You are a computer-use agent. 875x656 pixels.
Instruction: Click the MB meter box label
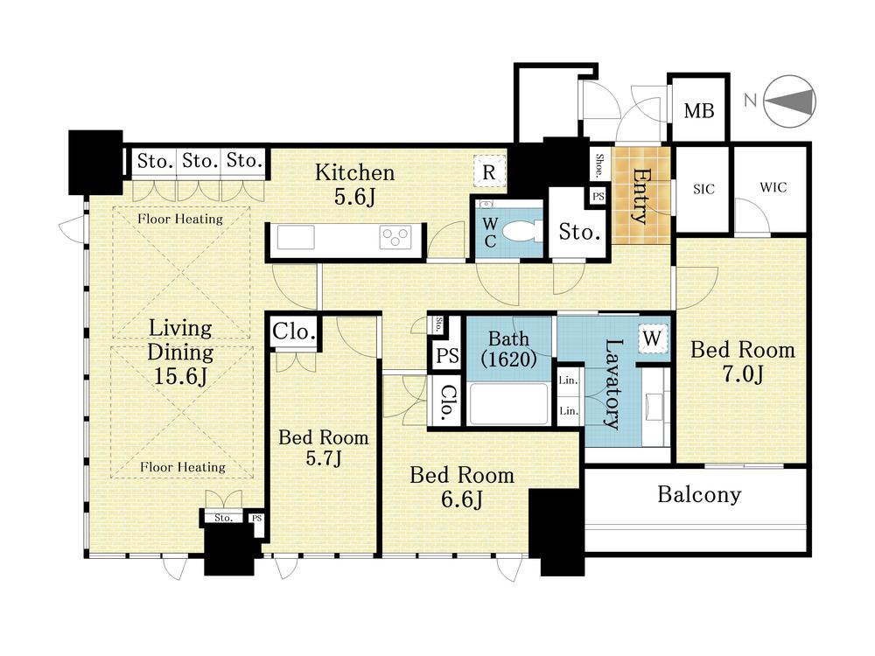[698, 110]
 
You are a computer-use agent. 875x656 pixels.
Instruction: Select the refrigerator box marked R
[489, 171]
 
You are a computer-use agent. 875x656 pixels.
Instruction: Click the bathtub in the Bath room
[508, 403]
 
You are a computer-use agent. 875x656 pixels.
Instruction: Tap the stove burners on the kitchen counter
[395, 237]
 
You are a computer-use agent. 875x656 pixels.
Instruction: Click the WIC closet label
[773, 187]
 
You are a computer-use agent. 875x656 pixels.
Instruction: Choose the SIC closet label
[703, 189]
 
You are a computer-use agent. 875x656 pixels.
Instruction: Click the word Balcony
[699, 495]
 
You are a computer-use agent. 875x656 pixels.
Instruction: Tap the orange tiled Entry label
[640, 195]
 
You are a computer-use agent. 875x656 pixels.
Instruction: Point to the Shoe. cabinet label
[599, 165]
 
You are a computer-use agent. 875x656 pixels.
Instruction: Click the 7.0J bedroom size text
[743, 374]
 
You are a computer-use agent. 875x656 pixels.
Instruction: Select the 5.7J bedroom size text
[324, 458]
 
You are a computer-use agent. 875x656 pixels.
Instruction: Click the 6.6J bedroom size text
[461, 499]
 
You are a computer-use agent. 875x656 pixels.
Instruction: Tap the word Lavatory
[612, 384]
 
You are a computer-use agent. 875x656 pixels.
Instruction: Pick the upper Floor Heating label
[180, 219]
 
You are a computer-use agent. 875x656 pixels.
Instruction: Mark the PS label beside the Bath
[447, 355]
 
